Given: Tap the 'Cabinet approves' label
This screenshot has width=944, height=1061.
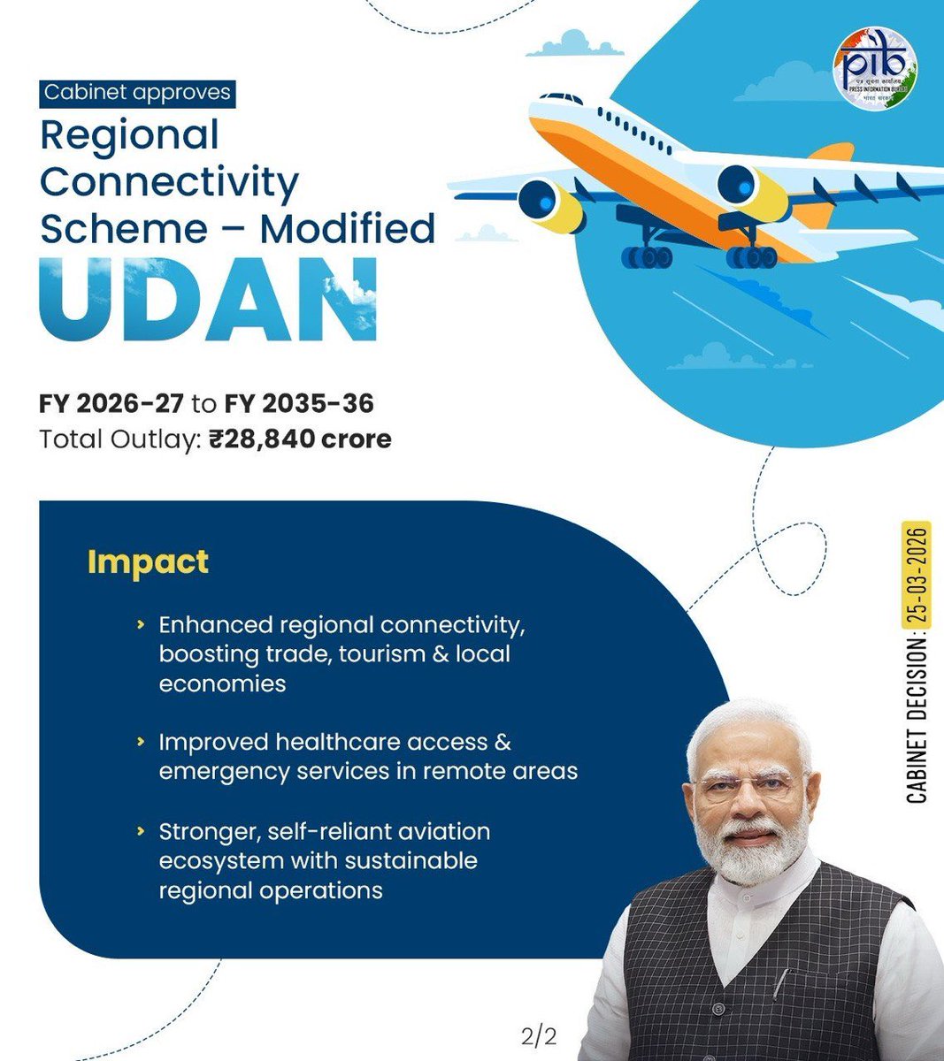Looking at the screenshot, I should (137, 92).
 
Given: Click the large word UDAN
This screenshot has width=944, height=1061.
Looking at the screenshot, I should (209, 300).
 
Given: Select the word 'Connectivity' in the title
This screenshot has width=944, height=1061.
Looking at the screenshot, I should (170, 182).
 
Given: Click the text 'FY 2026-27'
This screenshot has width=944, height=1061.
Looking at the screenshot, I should (111, 404).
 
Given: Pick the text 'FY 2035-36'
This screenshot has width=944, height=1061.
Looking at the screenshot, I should (299, 404).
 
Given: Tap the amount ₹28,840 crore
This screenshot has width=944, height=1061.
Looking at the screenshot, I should (301, 439).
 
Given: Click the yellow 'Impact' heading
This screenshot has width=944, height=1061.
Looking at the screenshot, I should (148, 561).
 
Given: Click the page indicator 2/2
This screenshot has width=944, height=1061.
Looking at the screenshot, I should (539, 1035).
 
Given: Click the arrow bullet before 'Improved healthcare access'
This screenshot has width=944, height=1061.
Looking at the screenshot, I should (141, 742).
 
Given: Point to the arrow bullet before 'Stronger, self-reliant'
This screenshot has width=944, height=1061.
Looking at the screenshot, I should (141, 832).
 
